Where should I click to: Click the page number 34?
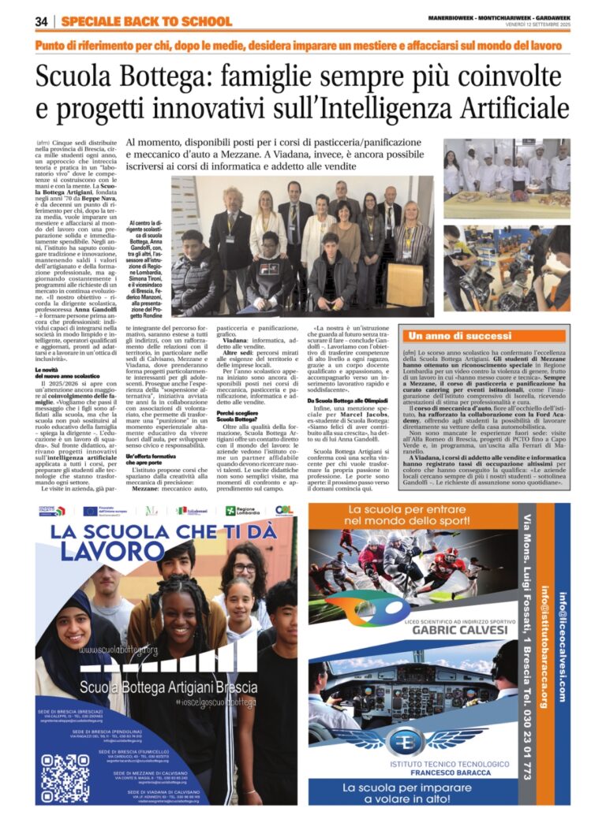pos(42,21)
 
